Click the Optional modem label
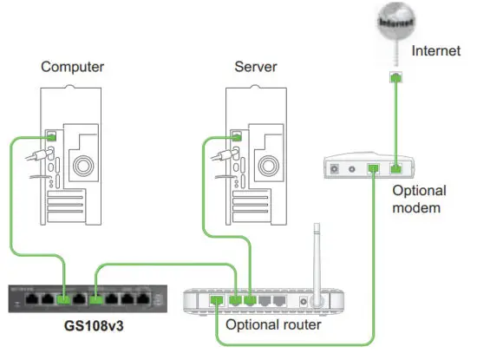[x=419, y=199]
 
